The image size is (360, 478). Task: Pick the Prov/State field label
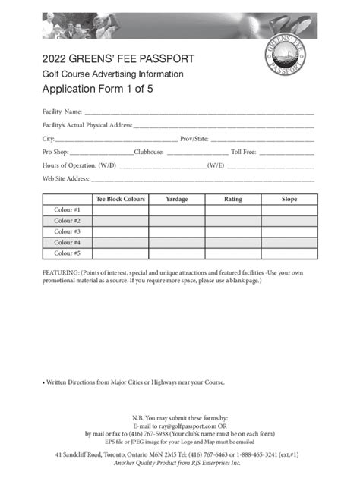click(194, 139)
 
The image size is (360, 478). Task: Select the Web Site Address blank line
click(202, 181)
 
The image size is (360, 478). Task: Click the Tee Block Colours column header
click(120, 199)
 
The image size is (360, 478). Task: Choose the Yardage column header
click(176, 199)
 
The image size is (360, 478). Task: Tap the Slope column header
click(289, 199)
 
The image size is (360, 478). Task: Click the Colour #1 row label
click(67, 209)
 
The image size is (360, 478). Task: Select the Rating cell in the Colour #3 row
click(233, 231)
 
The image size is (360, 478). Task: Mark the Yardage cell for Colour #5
click(176, 253)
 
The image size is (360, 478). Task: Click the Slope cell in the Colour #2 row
click(289, 221)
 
